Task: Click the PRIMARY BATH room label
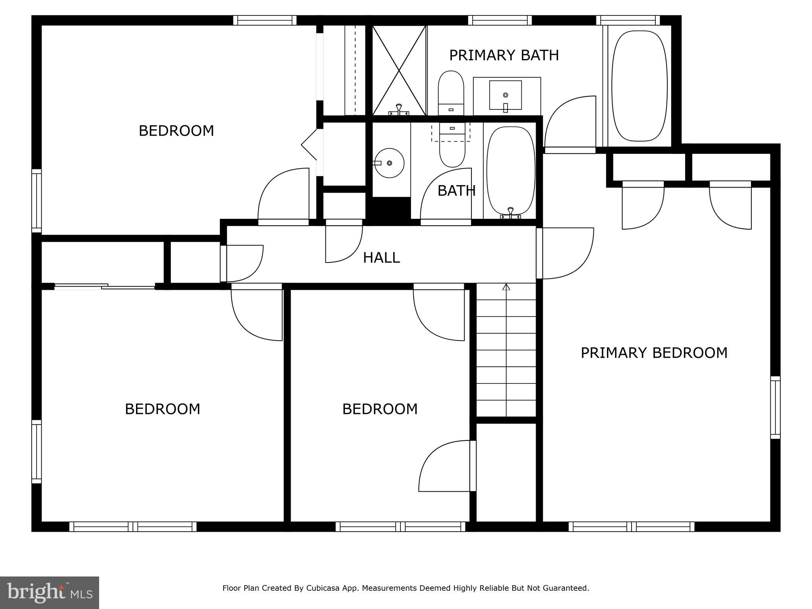click(504, 55)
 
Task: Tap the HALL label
click(381, 258)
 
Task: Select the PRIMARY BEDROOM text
click(654, 353)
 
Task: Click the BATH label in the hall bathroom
click(456, 191)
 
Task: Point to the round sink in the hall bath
click(390, 163)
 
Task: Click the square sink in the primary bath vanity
click(505, 95)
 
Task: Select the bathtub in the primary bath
click(639, 86)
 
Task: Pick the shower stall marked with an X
click(399, 71)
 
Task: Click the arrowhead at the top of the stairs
click(506, 287)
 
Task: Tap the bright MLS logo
click(50, 592)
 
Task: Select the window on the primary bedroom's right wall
click(775, 408)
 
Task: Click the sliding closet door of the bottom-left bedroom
click(105, 286)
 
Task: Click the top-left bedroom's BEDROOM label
click(176, 131)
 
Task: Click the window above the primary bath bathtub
click(628, 20)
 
